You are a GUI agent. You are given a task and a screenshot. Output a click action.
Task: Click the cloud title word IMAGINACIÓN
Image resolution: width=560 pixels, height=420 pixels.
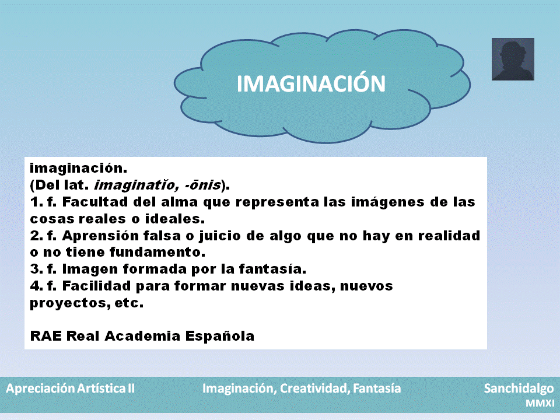pos(311,83)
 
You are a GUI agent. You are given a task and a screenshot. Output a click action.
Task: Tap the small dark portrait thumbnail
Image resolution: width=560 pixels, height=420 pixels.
pos(513,60)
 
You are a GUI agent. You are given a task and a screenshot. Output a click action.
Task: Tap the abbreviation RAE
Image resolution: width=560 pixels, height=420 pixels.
pos(45,337)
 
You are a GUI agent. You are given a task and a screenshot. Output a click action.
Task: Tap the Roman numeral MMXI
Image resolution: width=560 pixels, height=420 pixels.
pos(540,403)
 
